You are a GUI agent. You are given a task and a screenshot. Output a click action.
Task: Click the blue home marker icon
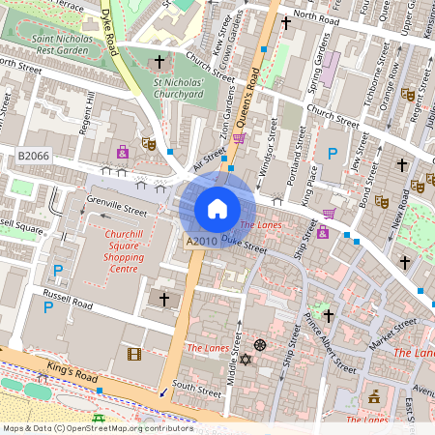[x=217, y=208]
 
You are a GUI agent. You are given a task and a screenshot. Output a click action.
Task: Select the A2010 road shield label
[x=200, y=239]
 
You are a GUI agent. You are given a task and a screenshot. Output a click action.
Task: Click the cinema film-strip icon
[x=133, y=353]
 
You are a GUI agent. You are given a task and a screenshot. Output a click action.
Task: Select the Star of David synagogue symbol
[x=245, y=360]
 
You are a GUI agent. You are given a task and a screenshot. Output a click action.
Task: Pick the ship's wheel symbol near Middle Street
[x=259, y=345]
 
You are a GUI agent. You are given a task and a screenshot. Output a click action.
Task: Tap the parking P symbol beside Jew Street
[x=333, y=153]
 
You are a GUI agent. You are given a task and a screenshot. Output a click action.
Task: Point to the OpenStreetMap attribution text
[x=98, y=427]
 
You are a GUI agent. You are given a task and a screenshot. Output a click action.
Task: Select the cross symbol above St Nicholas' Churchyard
[x=160, y=62]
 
